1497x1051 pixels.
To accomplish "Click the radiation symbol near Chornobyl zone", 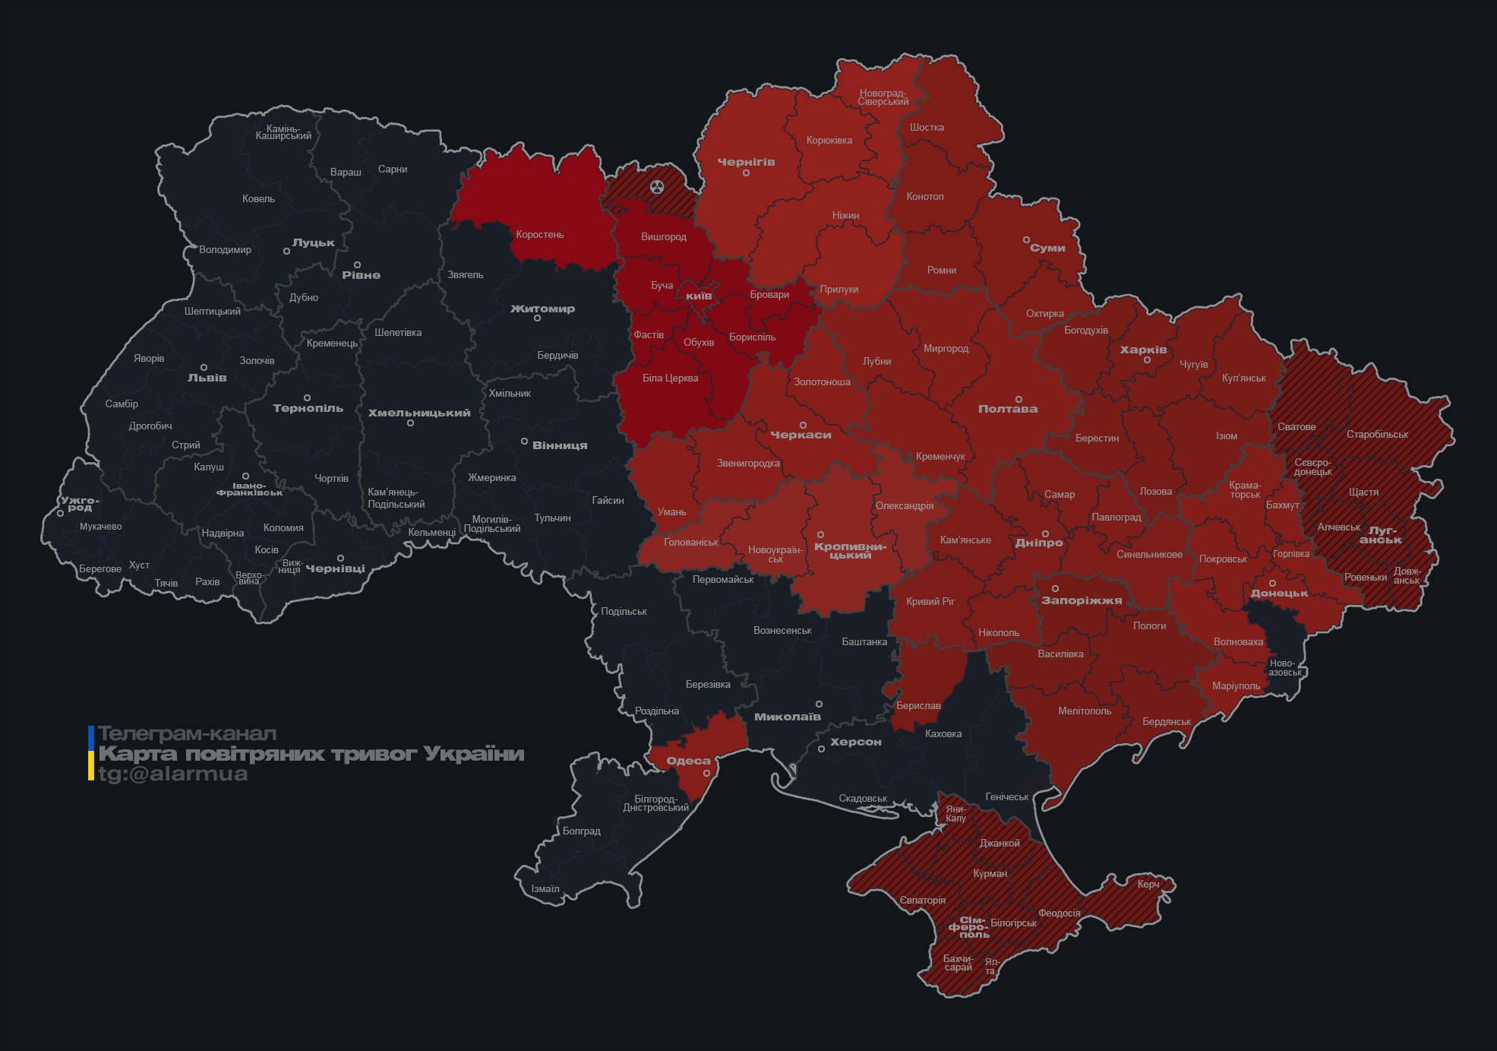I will pos(657,186).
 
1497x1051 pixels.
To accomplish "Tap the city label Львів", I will pos(207,378).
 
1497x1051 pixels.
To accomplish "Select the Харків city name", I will pos(1143,350).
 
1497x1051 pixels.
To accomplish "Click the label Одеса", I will pos(688,761).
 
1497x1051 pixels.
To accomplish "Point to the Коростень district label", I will pos(539,234).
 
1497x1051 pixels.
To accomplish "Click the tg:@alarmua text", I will pos(173,774).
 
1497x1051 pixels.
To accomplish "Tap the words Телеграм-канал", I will pos(187,733).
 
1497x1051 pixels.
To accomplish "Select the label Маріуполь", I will pos(1236,685).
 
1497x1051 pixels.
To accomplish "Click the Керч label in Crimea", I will pos(1148,884).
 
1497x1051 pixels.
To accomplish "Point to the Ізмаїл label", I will pos(545,888).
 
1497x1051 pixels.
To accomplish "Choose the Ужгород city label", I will pos(79,504).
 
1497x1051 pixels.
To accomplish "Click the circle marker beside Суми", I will pos(1026,240).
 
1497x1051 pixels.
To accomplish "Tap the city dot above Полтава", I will pos(1019,399).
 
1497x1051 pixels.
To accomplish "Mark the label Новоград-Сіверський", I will pos(883,97).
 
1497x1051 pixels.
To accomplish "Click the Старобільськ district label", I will pos(1376,434).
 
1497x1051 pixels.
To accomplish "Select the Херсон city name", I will pos(855,742).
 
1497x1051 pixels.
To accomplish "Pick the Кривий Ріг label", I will pos(930,601).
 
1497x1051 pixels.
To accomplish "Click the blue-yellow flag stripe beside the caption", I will pos(91,753).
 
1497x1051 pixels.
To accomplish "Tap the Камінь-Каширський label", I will pos(283,132).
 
